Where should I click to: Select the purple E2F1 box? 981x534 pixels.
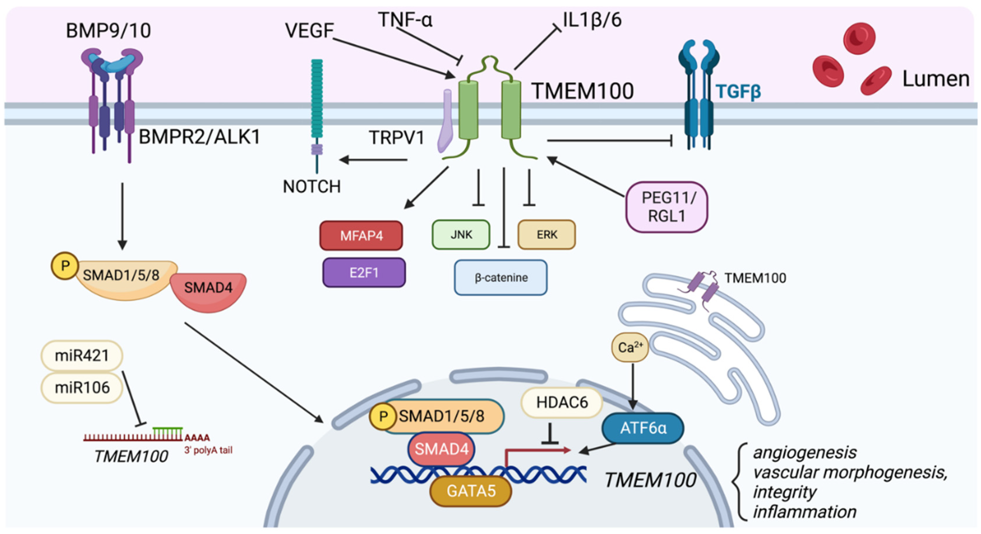point(364,273)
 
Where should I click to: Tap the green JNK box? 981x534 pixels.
point(461,235)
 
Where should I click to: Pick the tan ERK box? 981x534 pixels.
point(547,235)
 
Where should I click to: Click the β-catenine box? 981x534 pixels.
point(501,278)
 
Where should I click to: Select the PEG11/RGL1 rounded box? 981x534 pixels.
point(666,207)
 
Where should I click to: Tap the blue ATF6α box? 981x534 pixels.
point(643,428)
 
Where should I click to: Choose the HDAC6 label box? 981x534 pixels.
point(562,403)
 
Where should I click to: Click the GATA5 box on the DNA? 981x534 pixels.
point(471,491)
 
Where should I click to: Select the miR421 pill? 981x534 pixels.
point(82,355)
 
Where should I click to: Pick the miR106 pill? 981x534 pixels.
point(82,388)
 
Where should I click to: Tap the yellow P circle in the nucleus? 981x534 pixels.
point(383,416)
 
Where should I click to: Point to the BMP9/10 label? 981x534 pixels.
point(109,30)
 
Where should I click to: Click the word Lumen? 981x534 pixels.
point(936,79)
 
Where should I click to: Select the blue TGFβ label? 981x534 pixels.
point(738,91)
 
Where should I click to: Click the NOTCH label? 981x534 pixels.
point(312,187)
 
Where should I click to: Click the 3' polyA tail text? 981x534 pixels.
point(208,450)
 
